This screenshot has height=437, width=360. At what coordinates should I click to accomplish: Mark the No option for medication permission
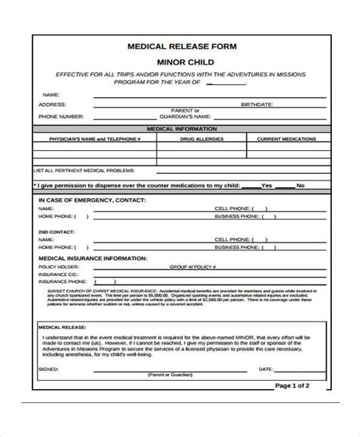coord(301,185)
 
